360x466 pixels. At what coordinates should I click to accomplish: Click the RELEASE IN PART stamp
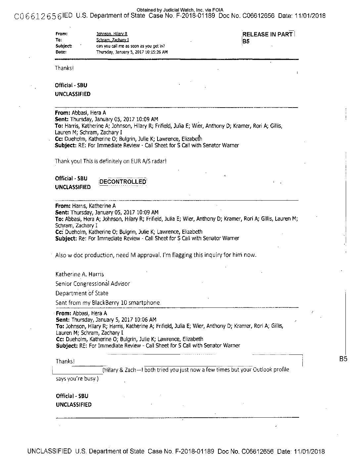(268, 34)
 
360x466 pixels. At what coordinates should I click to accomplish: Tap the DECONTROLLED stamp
(123, 182)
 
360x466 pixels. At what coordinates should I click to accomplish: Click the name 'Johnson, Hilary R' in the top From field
(112, 34)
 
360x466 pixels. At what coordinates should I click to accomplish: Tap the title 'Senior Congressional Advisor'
(93, 284)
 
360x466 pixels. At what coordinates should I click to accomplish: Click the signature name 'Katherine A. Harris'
(79, 274)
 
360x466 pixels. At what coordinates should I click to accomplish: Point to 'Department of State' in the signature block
(82, 293)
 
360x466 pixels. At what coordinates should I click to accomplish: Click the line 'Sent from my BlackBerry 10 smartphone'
(108, 303)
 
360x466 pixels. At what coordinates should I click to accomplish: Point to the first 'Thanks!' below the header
(64, 68)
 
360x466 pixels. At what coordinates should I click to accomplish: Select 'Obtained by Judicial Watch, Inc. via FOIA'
(180, 10)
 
